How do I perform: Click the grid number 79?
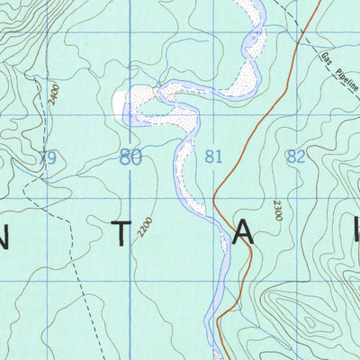point(49,158)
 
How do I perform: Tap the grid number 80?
point(130,158)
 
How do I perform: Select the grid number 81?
point(213,157)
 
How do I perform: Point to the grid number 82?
point(295,156)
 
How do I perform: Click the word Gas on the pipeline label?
point(327,60)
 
